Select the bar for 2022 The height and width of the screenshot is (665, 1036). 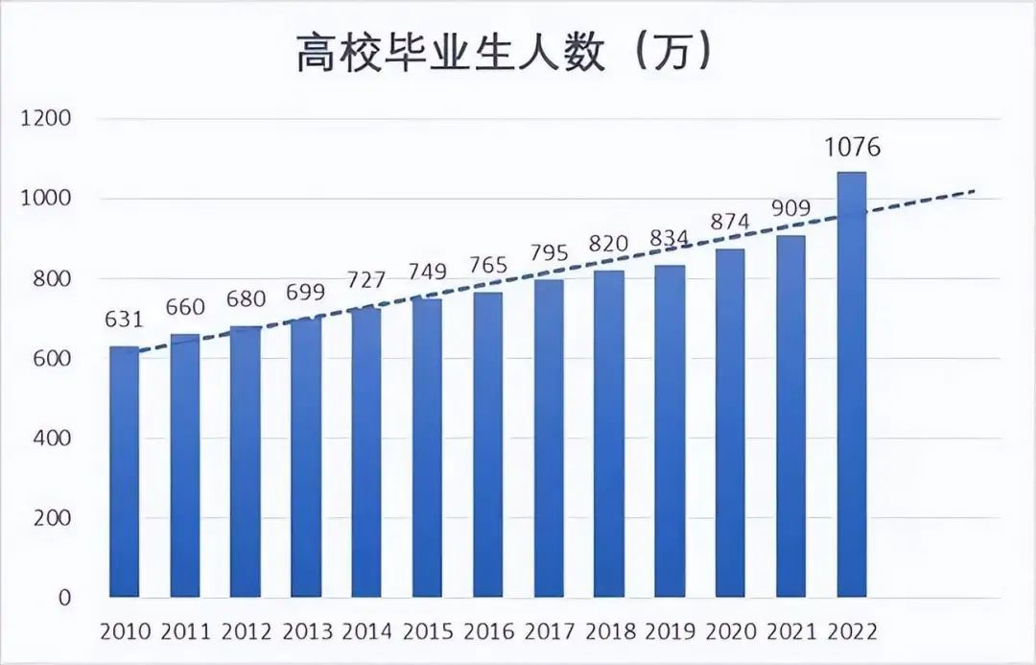tap(851, 384)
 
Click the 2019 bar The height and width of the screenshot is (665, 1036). tap(670, 432)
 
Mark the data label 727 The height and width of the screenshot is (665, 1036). tap(365, 281)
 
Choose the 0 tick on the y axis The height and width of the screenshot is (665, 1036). tap(64, 598)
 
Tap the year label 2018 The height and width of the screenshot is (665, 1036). tap(608, 632)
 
